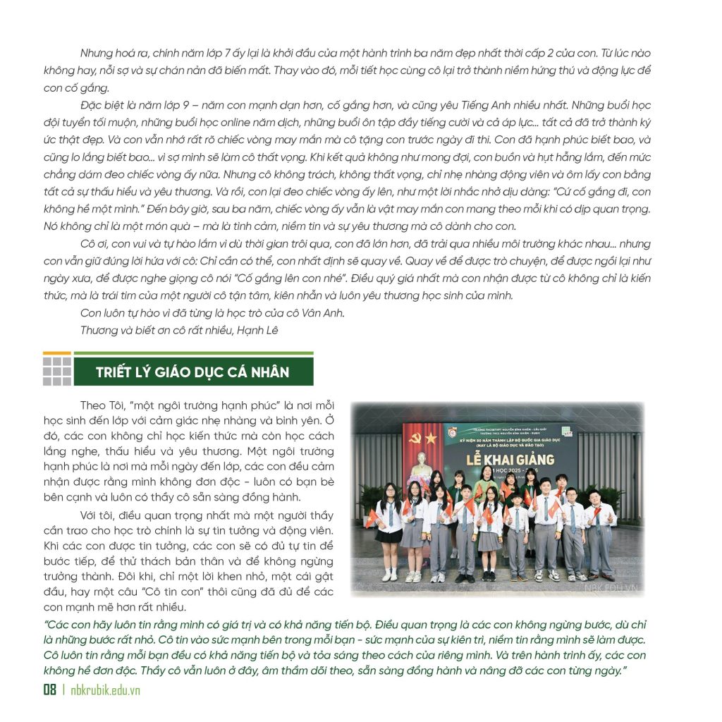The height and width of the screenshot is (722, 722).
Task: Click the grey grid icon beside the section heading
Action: pyautogui.click(x=57, y=371)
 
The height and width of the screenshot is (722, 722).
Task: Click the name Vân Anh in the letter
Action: pyautogui.click(x=329, y=313)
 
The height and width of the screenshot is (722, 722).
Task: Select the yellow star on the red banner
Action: pyautogui.click(x=431, y=439)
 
